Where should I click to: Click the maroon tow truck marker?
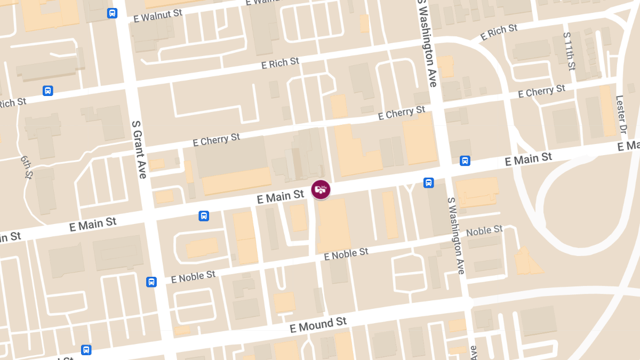[321, 190]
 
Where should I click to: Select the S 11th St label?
[569, 51]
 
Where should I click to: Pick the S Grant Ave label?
[138, 149]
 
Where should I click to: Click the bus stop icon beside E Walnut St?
[112, 13]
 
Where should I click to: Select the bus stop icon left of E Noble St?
[151, 282]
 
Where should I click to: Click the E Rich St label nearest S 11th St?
[499, 33]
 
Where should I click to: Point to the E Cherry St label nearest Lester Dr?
[542, 91]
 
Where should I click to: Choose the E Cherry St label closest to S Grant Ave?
[217, 140]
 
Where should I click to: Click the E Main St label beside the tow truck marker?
[281, 197]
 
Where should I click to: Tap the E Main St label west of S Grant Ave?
[93, 224]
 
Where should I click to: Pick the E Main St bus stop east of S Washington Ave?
[465, 161]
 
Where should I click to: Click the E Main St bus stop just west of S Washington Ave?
[428, 183]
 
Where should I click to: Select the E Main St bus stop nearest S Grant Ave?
[203, 215]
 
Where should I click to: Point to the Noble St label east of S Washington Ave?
[484, 231]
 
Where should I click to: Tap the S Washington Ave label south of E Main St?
[456, 235]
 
